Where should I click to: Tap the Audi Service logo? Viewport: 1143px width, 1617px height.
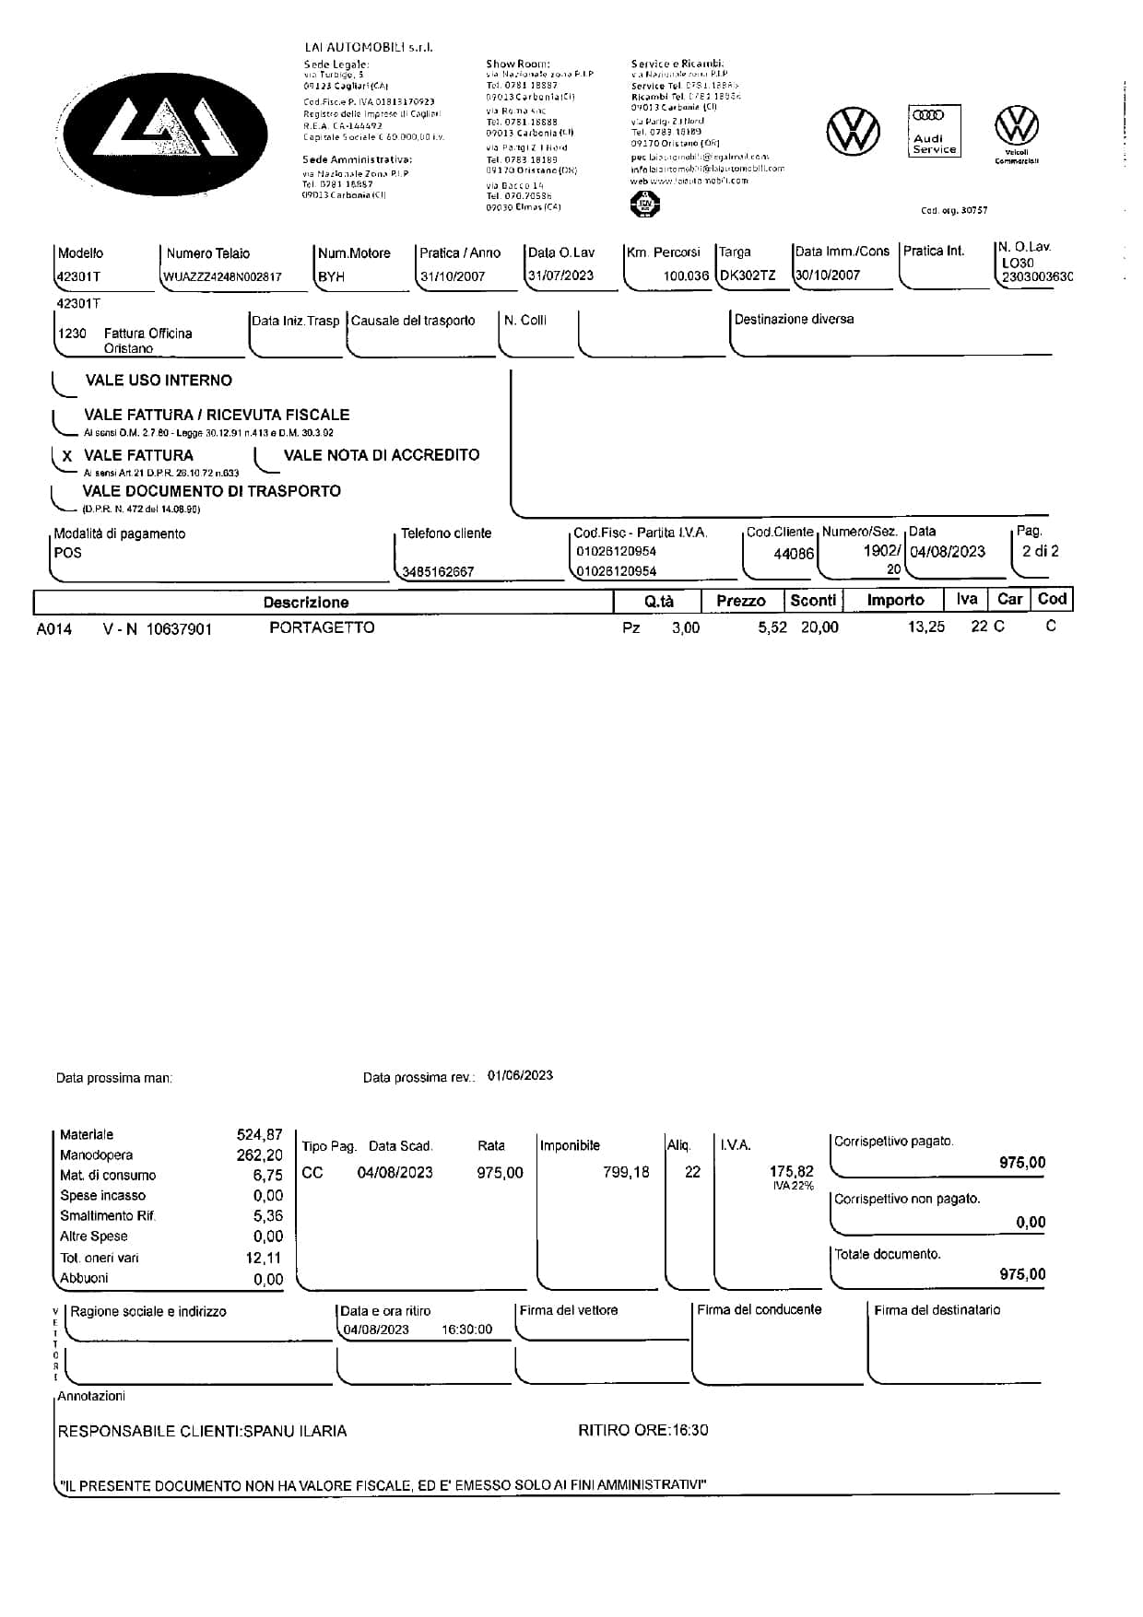[934, 131]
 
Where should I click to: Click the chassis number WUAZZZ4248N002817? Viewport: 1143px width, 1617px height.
[222, 276]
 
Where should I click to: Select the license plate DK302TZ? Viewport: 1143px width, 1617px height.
[748, 275]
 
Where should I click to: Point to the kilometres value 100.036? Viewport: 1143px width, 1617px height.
[686, 275]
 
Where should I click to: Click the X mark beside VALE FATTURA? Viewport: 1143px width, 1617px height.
[66, 456]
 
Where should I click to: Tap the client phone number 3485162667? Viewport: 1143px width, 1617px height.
[438, 572]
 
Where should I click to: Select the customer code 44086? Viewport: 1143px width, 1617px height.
[794, 554]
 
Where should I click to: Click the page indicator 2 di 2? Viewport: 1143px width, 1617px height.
[1040, 551]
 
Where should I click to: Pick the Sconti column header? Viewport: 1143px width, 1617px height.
[813, 601]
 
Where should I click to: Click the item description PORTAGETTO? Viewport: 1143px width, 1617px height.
[322, 627]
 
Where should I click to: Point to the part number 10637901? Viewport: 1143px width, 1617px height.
[179, 629]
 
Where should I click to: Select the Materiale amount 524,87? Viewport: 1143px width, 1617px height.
[259, 1135]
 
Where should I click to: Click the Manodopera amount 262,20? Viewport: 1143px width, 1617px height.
[259, 1155]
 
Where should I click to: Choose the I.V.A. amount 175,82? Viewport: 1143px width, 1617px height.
[791, 1172]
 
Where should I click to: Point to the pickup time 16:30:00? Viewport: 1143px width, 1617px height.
[466, 1330]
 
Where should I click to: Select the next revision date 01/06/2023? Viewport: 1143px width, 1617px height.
[520, 1075]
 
